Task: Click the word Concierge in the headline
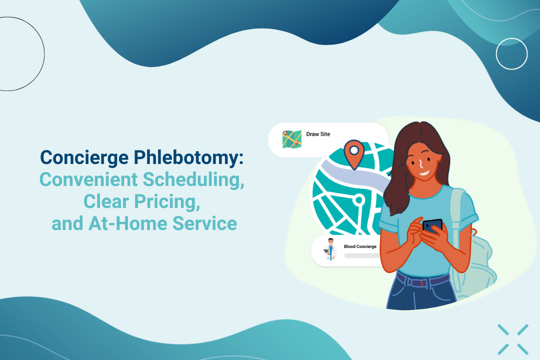[84, 157]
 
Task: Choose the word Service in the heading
[204, 223]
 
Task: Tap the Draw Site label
[318, 134]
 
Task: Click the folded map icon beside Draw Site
[291, 139]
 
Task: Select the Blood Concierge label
[360, 246]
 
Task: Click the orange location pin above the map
[354, 153]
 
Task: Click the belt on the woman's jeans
[422, 281]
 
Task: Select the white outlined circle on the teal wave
[511, 54]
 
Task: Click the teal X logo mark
[513, 339]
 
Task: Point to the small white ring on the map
[358, 200]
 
